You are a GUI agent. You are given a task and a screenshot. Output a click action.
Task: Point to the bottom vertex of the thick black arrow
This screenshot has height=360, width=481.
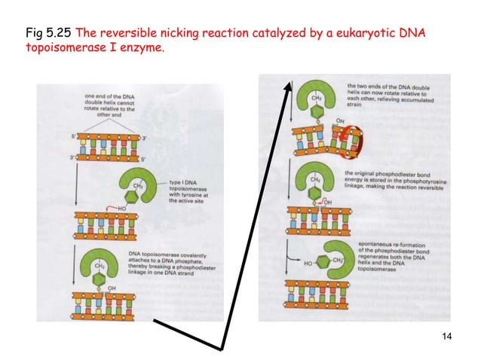pos(222,347)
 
